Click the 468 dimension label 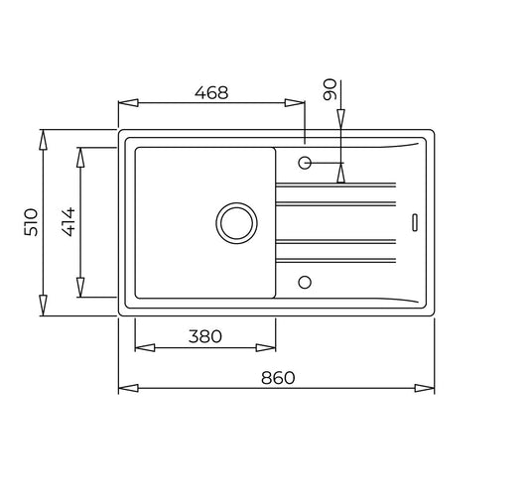click(211, 92)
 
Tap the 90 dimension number click(330, 89)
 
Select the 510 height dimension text click(31, 222)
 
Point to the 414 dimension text click(68, 222)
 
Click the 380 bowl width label click(205, 336)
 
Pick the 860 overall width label click(278, 378)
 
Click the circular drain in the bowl click(236, 223)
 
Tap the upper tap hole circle click(305, 163)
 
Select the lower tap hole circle click(305, 282)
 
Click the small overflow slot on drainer click(415, 222)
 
